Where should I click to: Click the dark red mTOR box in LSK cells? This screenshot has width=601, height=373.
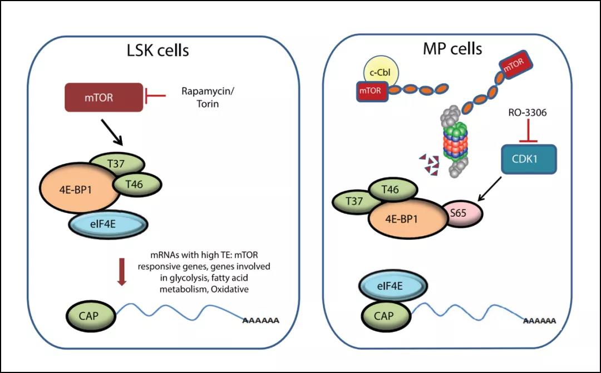pos(104,97)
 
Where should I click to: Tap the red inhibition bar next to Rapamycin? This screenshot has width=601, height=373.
pos(154,96)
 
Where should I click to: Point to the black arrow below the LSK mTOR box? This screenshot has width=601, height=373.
pos(112,132)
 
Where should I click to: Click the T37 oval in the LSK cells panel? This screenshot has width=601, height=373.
pos(116,163)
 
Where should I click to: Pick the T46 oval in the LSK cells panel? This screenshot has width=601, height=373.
pos(137,184)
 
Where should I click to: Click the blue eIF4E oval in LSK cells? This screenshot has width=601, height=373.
pos(108,225)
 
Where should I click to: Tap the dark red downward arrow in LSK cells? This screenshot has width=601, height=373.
pos(121,272)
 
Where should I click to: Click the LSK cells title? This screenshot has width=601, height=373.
pos(158,51)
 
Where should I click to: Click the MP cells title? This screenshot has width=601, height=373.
pos(452,48)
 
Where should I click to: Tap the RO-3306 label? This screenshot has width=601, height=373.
pos(528,113)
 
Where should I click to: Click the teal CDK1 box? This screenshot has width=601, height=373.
pos(529,159)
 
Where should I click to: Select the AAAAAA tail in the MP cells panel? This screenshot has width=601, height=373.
pos(540,321)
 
